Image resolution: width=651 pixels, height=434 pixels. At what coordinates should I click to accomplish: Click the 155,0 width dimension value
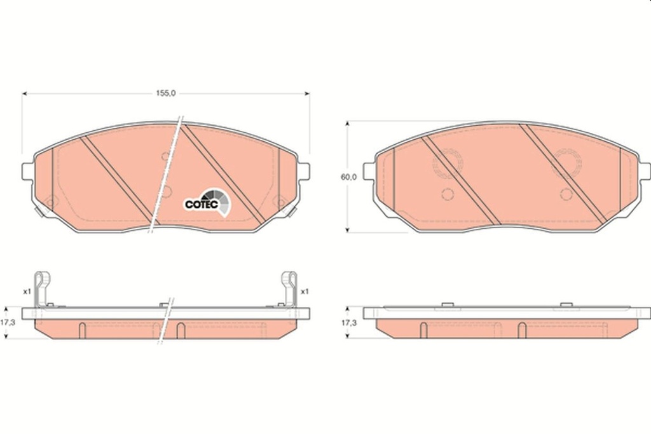[166, 93]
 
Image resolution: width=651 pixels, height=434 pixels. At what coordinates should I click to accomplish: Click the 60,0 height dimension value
[348, 177]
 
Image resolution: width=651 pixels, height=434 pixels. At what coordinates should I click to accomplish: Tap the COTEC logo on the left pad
[207, 203]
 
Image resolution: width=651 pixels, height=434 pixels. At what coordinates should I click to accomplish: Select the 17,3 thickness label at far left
[8, 322]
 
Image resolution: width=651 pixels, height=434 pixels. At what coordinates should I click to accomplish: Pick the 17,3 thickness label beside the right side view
[349, 322]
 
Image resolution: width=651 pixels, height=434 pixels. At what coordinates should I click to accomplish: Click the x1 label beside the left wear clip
[27, 292]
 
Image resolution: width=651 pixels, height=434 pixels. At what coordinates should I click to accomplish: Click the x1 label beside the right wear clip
[305, 292]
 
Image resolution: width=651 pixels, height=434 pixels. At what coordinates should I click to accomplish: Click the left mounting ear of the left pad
[27, 171]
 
